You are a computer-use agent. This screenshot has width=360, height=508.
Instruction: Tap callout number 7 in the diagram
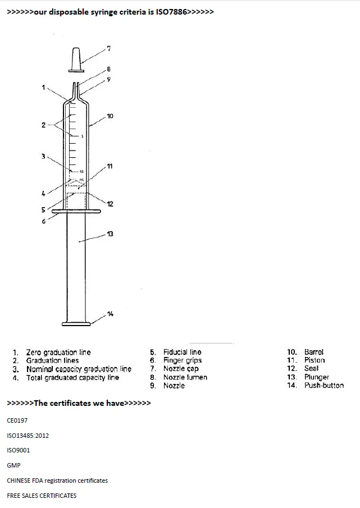click(x=109, y=48)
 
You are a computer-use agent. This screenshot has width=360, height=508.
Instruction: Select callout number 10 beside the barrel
click(x=110, y=116)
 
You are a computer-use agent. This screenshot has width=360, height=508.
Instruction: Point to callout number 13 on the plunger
click(x=110, y=234)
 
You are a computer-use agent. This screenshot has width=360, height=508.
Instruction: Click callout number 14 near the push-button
click(x=110, y=313)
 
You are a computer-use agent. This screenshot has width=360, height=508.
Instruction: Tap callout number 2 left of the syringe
click(x=43, y=125)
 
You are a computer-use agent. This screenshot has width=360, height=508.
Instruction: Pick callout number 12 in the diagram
click(x=110, y=204)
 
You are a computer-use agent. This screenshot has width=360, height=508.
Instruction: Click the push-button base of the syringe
click(x=76, y=323)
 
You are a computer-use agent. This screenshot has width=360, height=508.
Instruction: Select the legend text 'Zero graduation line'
click(x=58, y=352)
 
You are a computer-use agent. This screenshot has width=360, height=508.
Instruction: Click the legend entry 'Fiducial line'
click(x=182, y=352)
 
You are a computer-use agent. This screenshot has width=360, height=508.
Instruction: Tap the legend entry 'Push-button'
click(x=324, y=386)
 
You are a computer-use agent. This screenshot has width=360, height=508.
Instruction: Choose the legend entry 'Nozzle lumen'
click(x=185, y=377)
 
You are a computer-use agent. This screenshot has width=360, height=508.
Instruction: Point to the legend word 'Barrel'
click(x=314, y=352)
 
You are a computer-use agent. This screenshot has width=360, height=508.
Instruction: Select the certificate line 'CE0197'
click(x=17, y=419)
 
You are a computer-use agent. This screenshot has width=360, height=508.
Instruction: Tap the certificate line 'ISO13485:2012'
click(x=28, y=435)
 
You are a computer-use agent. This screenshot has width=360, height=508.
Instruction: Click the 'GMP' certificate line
click(x=13, y=465)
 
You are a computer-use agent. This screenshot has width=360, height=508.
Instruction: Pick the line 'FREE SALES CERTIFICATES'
click(x=42, y=496)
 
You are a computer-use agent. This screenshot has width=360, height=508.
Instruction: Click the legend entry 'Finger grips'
click(x=183, y=360)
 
